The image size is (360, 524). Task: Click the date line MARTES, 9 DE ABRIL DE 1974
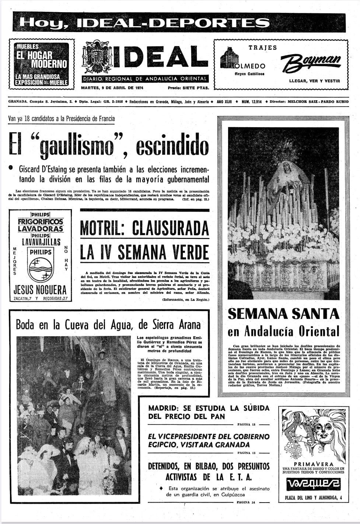point(112,88)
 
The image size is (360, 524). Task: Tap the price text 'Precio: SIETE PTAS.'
point(188,88)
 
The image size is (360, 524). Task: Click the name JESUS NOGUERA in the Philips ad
point(40,289)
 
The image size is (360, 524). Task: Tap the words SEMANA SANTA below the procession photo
point(283,313)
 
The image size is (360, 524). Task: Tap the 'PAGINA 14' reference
point(245,502)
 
